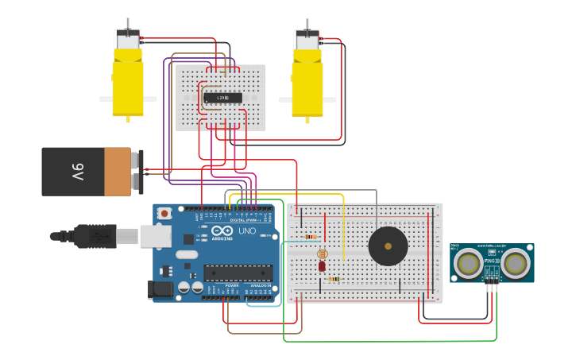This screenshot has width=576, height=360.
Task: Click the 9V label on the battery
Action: coord(77,171)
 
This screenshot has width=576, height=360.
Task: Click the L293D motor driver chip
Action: coord(222,98)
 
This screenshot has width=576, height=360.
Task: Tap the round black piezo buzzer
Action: coord(388,246)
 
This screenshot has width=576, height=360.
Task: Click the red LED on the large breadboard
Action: coord(322,266)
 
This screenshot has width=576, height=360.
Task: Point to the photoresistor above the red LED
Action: coord(322,254)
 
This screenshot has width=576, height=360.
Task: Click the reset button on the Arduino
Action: coord(164,213)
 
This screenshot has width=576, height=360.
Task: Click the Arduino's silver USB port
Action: coord(156,236)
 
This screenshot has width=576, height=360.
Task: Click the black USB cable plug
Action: coord(95,236)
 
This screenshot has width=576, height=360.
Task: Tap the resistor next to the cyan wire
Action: coord(310,237)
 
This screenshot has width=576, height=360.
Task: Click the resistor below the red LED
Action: coord(334,279)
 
